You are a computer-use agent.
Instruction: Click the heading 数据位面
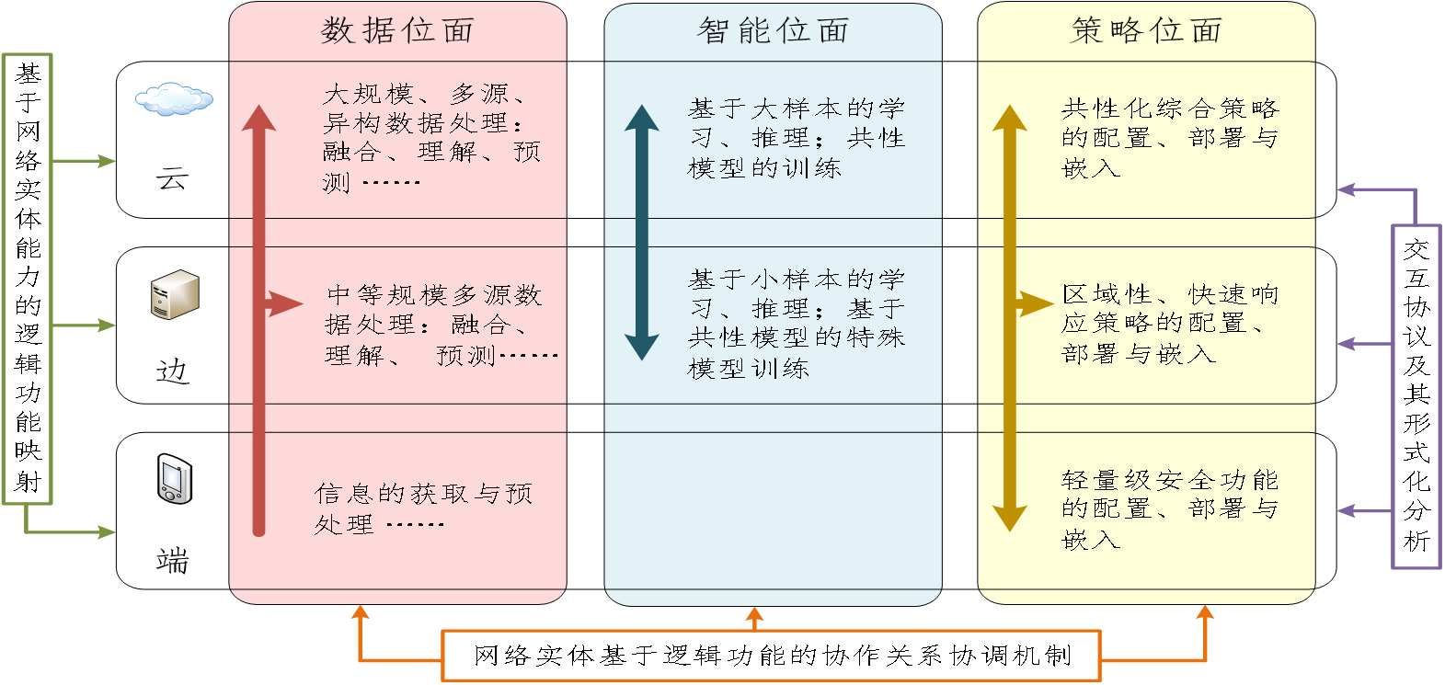pos(397,31)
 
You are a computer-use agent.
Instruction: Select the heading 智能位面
pos(773,31)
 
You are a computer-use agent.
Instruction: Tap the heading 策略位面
pos(1146,31)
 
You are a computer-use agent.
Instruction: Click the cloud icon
pos(174,98)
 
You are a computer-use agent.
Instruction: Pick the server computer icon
pos(175,294)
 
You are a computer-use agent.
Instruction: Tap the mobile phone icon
pos(174,478)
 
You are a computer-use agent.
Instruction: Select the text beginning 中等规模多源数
pos(437,325)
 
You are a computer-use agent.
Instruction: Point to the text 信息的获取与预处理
pos(423,508)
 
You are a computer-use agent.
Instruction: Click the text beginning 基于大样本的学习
pos(796,138)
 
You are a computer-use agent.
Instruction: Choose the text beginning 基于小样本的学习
pos(796,324)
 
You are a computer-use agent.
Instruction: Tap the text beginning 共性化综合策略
pos(1169,138)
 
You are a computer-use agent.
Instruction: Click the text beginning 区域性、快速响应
pos(1169,324)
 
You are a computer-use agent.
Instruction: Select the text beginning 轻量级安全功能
pos(1169,508)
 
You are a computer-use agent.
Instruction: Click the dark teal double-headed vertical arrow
pos(641,233)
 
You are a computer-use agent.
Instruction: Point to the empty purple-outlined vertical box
pos(1416,396)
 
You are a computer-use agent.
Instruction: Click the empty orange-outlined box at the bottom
pos(771,655)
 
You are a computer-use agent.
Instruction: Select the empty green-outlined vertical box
pos(27,279)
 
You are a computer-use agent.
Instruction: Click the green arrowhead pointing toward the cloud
pos(108,161)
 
